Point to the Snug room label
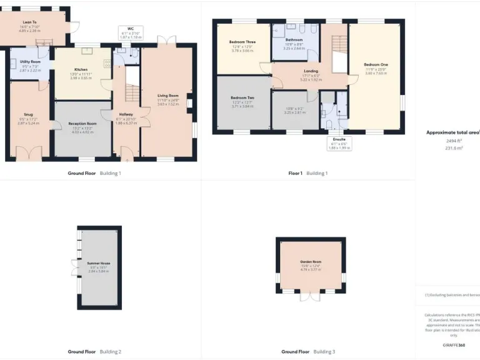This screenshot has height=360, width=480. click(29, 115)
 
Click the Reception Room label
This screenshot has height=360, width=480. click(82, 124)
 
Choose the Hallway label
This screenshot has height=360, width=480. click(126, 114)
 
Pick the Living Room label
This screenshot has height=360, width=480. click(168, 95)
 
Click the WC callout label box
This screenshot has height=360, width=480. click(131, 32)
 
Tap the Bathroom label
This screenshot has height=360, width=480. click(294, 39)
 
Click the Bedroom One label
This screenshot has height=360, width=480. click(376, 64)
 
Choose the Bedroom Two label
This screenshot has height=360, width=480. click(242, 98)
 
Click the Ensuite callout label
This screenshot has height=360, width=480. click(339, 143)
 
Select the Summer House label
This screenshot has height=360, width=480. click(99, 264)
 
